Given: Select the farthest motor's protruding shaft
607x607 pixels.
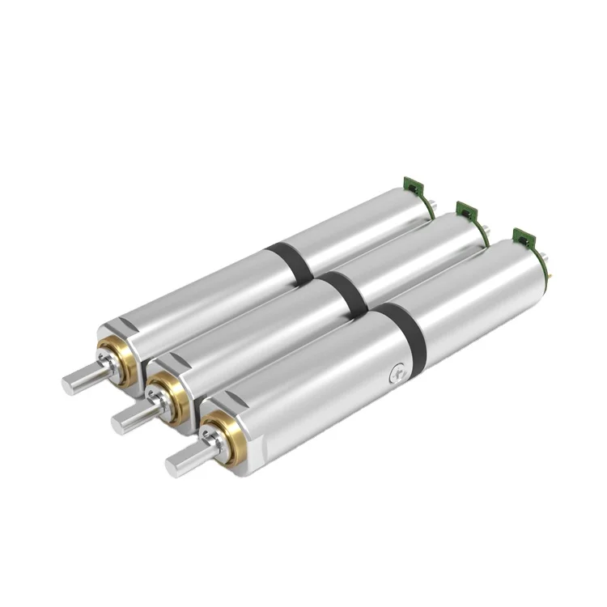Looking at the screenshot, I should (x=81, y=375).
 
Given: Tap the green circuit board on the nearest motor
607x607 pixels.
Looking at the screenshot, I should (x=524, y=238).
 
